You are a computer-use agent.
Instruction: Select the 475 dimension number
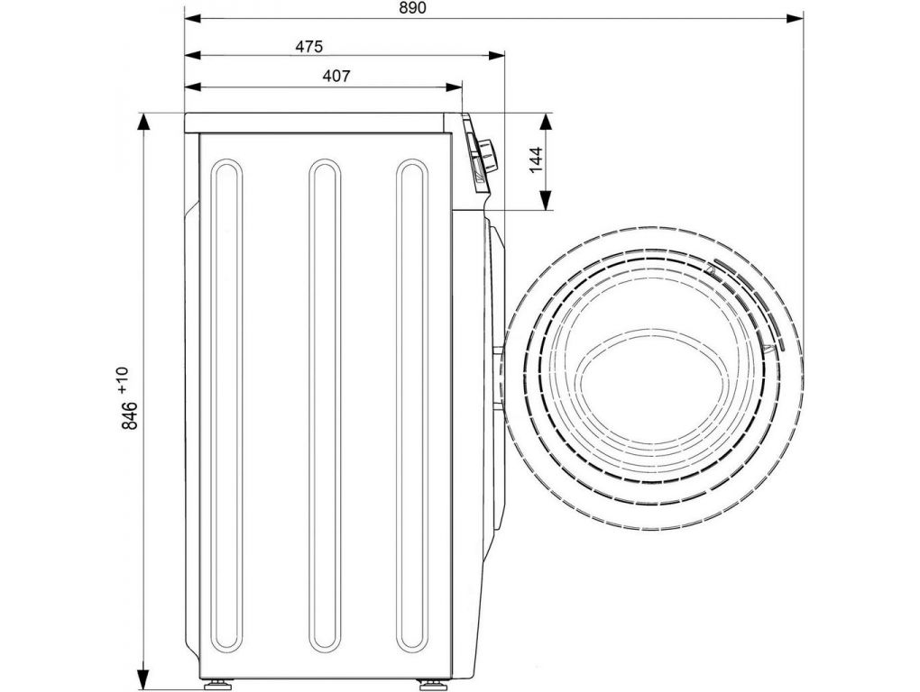[x=308, y=46]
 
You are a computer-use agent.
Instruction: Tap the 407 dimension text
[x=336, y=77]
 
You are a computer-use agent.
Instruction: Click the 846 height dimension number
[x=130, y=415]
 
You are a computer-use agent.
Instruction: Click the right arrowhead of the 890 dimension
[x=795, y=19]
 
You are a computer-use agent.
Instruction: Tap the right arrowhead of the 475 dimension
[x=496, y=56]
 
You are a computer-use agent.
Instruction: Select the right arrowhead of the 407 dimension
[x=454, y=87]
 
